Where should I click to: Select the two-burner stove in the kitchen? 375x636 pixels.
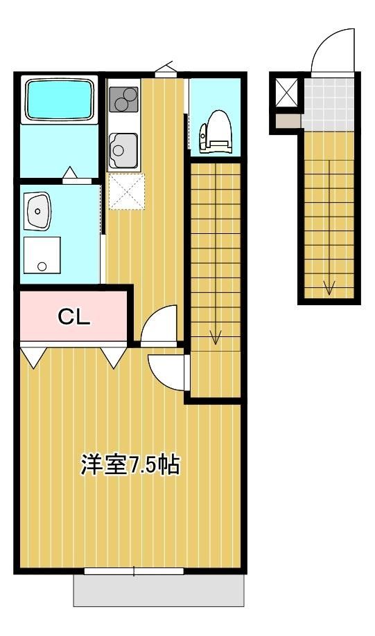(x=123, y=100)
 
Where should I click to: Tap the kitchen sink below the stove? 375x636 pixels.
(x=123, y=147)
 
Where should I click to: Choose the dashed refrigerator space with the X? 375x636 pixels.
(x=126, y=191)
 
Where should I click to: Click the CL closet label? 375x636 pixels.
(x=74, y=317)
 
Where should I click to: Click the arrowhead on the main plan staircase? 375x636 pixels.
(x=216, y=338)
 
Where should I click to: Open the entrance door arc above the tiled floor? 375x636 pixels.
(x=333, y=52)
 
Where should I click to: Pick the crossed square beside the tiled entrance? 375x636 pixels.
(x=286, y=91)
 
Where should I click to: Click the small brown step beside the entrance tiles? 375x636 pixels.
(x=288, y=121)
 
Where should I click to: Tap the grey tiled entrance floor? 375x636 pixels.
(x=330, y=102)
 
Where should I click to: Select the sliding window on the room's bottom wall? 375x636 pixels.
(x=134, y=571)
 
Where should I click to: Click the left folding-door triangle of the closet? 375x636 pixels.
(x=33, y=356)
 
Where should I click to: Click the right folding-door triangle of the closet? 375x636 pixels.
(x=112, y=356)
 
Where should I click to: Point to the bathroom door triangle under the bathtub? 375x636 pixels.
(x=71, y=173)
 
